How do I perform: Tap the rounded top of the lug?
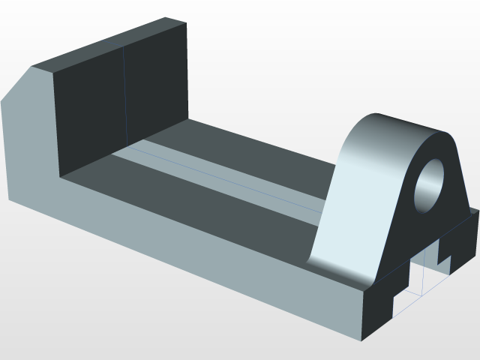pos(409,124)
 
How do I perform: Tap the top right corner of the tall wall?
pos(185,23)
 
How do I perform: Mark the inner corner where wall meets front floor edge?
pos(59,178)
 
